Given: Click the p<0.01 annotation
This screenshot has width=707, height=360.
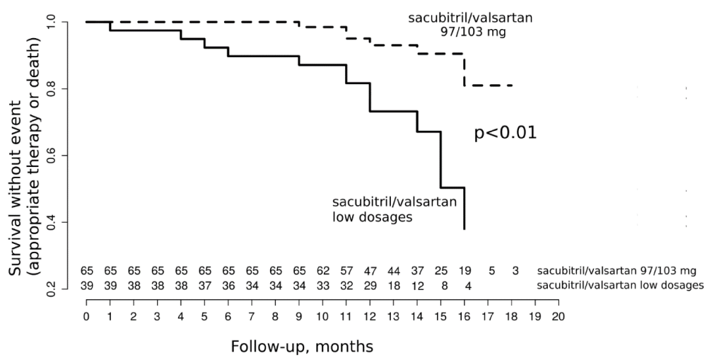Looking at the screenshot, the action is pos(505,134).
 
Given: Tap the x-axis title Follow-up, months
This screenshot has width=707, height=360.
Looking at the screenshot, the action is pos(302,347).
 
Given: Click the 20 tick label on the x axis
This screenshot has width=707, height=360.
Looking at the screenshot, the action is pos(559,316).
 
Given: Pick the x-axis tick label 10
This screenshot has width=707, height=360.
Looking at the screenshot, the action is pos(322,316).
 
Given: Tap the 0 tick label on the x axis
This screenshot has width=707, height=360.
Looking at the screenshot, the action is pos(86,316).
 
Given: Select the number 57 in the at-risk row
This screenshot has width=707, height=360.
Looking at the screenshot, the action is pos(346,271).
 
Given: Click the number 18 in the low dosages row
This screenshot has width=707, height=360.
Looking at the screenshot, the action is pos(393,285).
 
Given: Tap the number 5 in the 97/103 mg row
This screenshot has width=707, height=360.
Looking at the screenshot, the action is pos(491,271).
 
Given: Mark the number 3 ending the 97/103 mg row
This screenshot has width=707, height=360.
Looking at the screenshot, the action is pos(515,271).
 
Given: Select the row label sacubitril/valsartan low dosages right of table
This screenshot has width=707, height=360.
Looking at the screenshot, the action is pos(620,285).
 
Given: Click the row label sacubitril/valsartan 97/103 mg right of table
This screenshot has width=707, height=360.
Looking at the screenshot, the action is pos(617,271).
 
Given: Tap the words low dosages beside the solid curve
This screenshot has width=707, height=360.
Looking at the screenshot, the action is pos(373,217).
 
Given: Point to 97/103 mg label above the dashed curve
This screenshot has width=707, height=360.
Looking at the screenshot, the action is pos(473,33).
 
